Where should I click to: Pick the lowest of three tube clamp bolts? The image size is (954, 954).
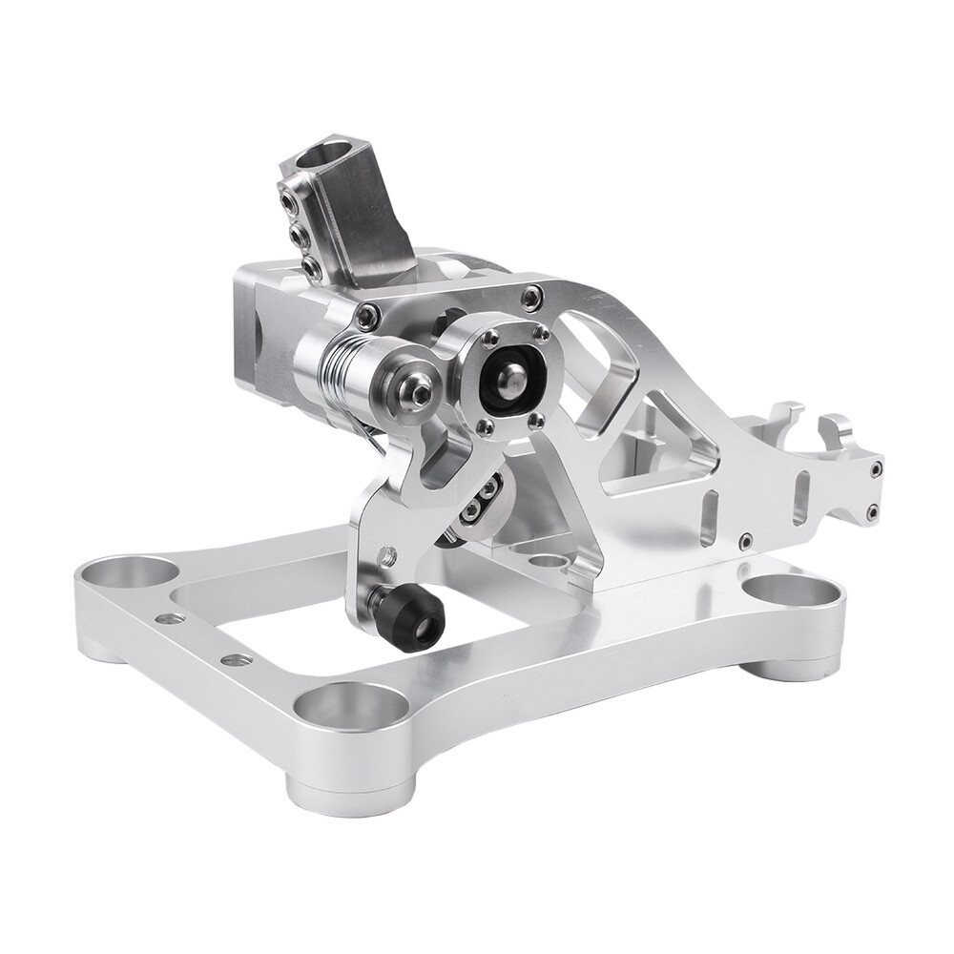point(310,270)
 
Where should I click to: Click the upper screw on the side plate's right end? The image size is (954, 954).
point(874,467)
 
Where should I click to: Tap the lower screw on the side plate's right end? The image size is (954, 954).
point(871,513)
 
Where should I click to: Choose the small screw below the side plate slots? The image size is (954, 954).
point(745,541)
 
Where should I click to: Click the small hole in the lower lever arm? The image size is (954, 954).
point(388,551)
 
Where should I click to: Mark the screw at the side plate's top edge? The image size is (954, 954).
point(529,298)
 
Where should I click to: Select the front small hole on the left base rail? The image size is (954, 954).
point(232,659)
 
